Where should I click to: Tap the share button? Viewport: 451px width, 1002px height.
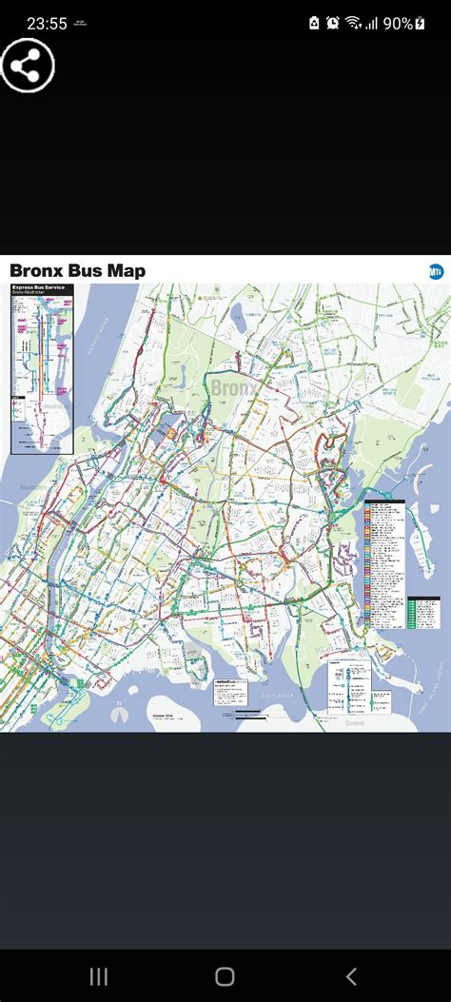[27, 66]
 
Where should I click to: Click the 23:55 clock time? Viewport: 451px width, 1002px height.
[47, 24]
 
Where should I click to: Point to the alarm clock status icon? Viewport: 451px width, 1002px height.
[332, 23]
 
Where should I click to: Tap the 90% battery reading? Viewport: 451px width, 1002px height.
[398, 23]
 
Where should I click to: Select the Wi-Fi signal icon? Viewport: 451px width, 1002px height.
[354, 23]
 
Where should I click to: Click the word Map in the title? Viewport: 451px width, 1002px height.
[127, 271]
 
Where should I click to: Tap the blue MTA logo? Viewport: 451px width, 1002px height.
[436, 271]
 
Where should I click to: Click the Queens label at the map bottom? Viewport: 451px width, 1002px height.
[355, 722]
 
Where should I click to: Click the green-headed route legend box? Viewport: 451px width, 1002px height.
[423, 612]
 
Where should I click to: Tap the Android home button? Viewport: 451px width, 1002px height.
[225, 976]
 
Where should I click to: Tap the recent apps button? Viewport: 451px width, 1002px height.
[99, 976]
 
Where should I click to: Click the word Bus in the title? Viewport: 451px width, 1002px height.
[87, 271]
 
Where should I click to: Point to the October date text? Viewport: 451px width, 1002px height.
[161, 714]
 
